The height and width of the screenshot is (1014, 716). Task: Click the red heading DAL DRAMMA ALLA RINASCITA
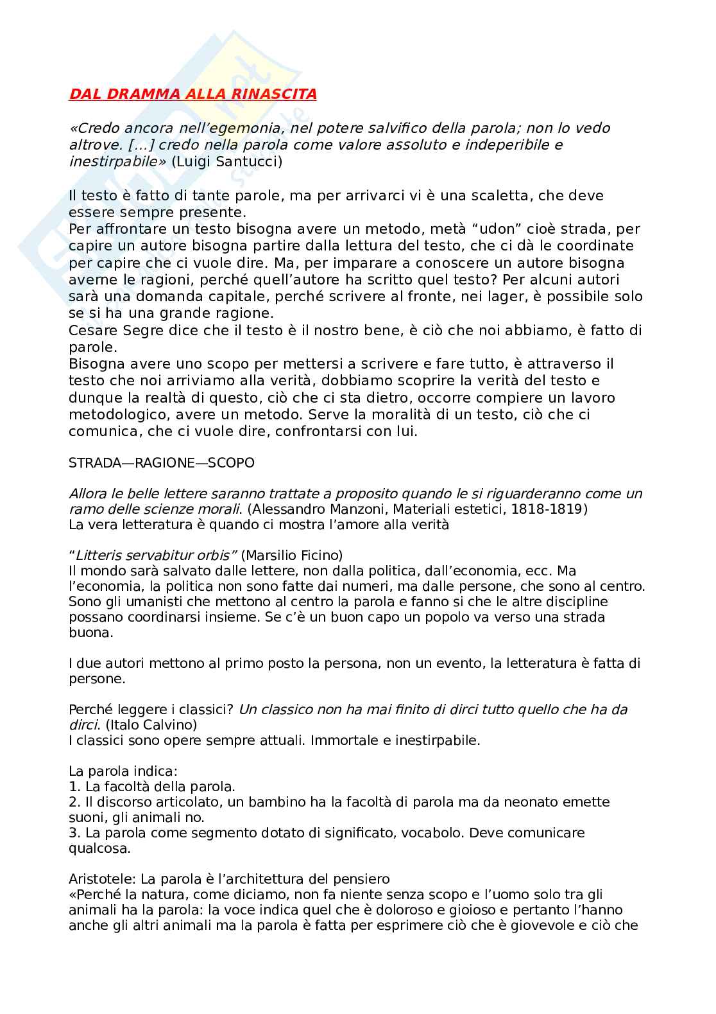(192, 94)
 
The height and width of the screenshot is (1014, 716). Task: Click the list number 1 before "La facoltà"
(72, 787)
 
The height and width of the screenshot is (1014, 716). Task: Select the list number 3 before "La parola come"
(72, 833)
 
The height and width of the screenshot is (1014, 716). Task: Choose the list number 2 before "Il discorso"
(72, 802)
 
